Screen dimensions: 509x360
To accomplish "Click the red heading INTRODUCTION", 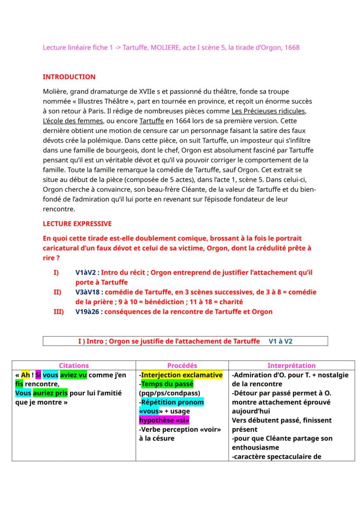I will tap(69, 77).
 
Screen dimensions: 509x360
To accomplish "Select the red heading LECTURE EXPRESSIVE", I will tap(77, 224).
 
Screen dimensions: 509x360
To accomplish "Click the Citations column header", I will tap(73, 366).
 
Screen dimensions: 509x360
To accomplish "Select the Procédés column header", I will tap(182, 366).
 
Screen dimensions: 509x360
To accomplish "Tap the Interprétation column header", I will tap(291, 366).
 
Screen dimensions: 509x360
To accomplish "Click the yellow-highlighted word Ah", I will tap(25, 375).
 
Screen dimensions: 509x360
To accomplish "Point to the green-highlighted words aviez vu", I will tap(73, 375).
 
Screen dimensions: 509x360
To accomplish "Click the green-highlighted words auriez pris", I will tap(50, 393).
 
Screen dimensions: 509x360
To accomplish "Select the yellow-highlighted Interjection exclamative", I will tap(182, 375).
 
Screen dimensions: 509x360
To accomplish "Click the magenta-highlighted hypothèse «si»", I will tap(164, 420).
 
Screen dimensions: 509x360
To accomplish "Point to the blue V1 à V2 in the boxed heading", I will tap(280, 342).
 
